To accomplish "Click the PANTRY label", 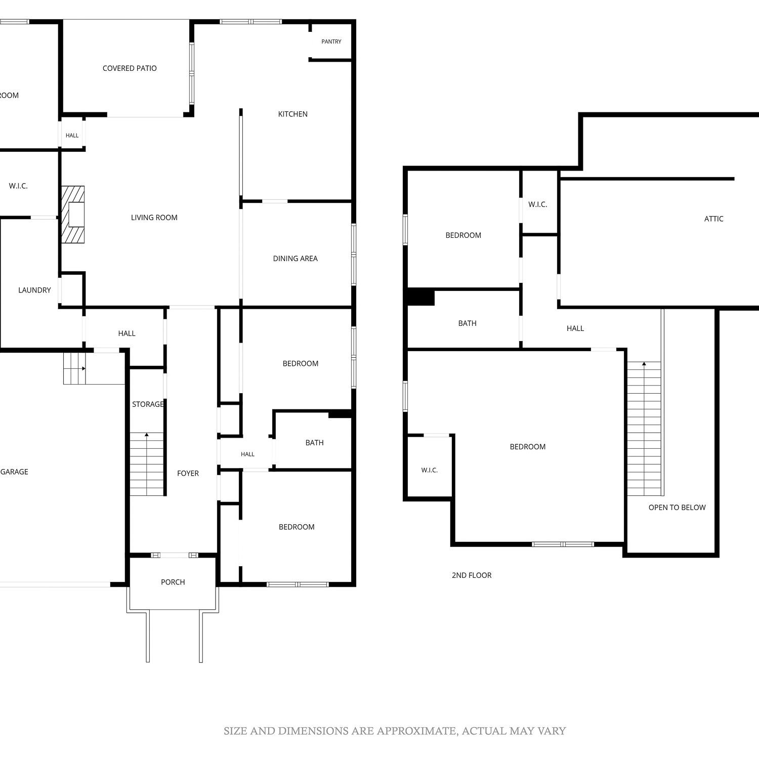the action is pyautogui.click(x=331, y=41).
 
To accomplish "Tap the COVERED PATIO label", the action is pyautogui.click(x=130, y=68).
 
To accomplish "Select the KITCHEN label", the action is pyautogui.click(x=293, y=114).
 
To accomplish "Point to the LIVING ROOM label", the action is pyautogui.click(x=154, y=218).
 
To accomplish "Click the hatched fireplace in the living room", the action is pyautogui.click(x=73, y=215).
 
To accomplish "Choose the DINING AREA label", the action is pyautogui.click(x=296, y=259).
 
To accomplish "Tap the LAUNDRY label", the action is pyautogui.click(x=34, y=290).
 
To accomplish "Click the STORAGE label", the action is pyautogui.click(x=148, y=404).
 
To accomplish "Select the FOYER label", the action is pyautogui.click(x=188, y=473).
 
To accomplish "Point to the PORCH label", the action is pyautogui.click(x=173, y=582).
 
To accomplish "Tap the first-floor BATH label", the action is pyautogui.click(x=315, y=443).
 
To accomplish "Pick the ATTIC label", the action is pyautogui.click(x=714, y=219).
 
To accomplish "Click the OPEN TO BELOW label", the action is pyautogui.click(x=677, y=508).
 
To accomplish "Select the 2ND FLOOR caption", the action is pyautogui.click(x=472, y=575).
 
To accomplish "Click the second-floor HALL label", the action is pyautogui.click(x=575, y=328).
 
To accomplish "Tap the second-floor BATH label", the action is pyautogui.click(x=468, y=323).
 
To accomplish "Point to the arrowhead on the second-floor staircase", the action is pyautogui.click(x=644, y=363).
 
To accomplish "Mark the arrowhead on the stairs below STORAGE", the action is pyautogui.click(x=147, y=434).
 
